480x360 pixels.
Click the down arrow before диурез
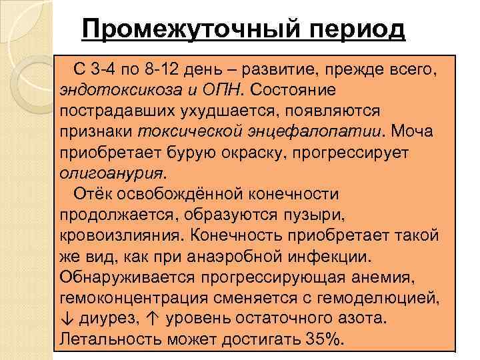66,319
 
